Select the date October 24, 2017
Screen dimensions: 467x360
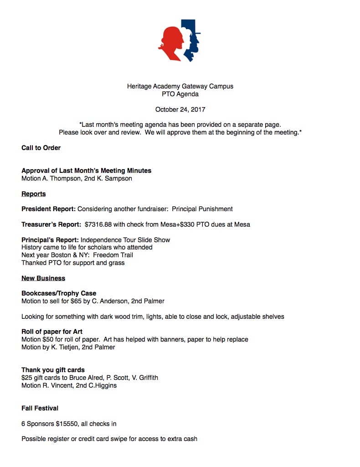click(x=180, y=109)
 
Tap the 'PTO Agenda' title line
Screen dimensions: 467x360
click(x=180, y=94)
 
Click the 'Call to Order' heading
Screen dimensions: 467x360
click(x=41, y=148)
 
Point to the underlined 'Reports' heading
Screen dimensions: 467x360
click(x=34, y=194)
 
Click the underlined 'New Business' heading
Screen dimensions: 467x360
click(x=43, y=278)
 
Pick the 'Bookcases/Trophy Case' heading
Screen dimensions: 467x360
click(x=59, y=293)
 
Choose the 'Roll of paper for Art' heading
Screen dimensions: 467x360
click(x=52, y=332)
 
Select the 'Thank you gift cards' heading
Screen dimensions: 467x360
click(x=53, y=370)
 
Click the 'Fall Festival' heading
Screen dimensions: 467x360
click(x=40, y=408)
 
